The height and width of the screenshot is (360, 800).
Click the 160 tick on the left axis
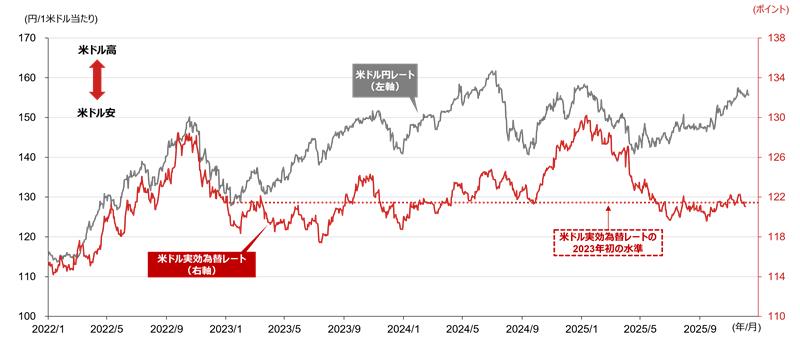(27, 78)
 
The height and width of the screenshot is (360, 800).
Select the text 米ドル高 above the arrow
(97, 50)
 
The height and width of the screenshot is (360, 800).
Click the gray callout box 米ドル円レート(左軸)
(385, 80)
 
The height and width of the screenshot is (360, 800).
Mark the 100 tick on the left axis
(27, 316)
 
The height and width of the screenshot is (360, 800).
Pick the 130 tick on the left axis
(27, 197)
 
